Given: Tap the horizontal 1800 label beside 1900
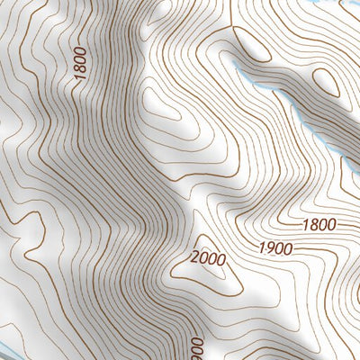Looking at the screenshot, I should (x=319, y=225).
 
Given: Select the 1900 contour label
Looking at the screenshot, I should (x=274, y=247).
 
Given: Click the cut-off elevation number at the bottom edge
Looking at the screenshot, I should (x=196, y=346).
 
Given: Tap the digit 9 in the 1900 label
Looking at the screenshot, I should (x=268, y=247).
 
